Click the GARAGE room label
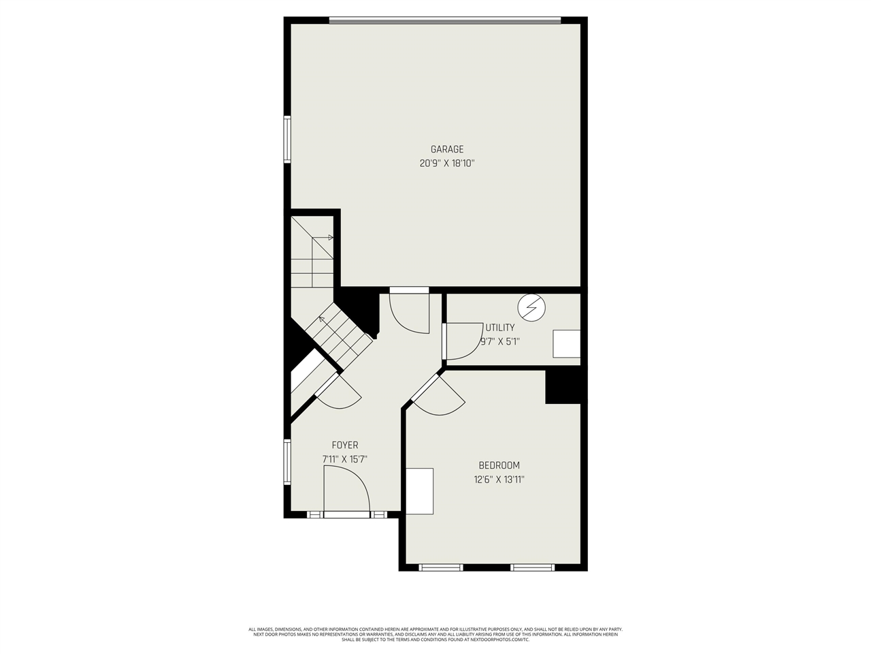click(x=446, y=149)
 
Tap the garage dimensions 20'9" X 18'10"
click(x=446, y=163)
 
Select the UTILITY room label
click(x=500, y=328)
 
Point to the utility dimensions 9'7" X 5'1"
click(x=500, y=342)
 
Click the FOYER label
click(x=345, y=446)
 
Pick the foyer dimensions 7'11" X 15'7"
click(x=345, y=460)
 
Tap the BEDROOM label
click(x=499, y=465)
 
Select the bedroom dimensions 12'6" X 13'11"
click(x=499, y=480)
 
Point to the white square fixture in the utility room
click(x=566, y=344)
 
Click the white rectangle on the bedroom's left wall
click(x=420, y=491)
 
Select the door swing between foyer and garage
click(x=410, y=311)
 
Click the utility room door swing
click(x=463, y=341)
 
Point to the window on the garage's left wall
click(x=287, y=139)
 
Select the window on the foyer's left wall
click(x=287, y=462)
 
